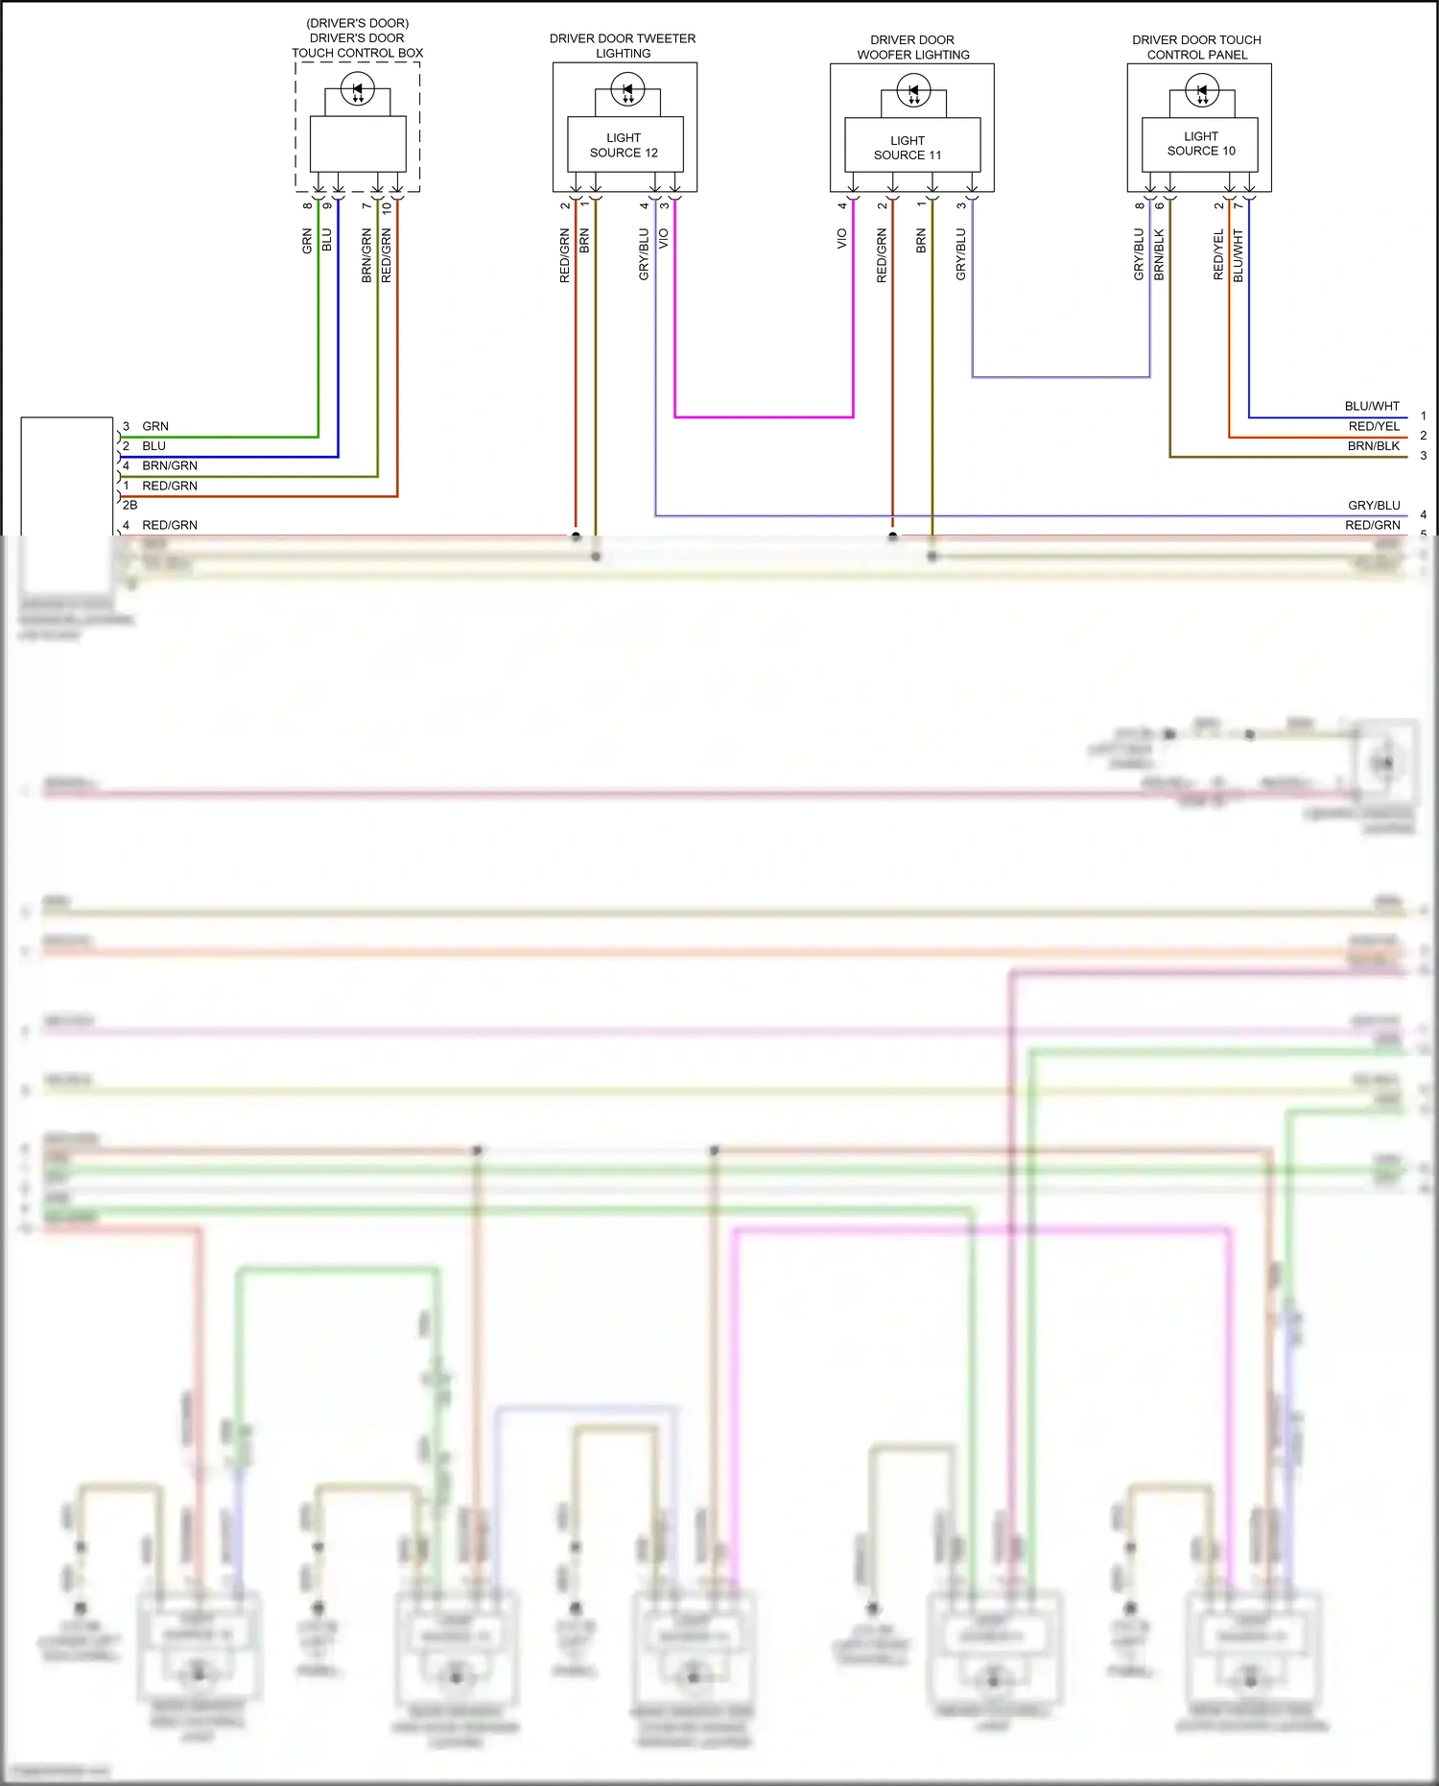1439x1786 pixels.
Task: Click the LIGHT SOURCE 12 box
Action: point(624,145)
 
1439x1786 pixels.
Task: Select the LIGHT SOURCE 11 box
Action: point(908,147)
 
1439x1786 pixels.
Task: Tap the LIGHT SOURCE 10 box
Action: point(1200,144)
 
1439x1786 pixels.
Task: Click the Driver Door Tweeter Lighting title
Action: point(623,46)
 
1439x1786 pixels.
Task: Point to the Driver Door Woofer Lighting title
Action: point(912,47)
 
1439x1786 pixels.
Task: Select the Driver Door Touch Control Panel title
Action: point(1196,47)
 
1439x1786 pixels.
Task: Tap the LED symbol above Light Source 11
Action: point(912,92)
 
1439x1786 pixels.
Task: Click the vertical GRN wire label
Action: point(307,241)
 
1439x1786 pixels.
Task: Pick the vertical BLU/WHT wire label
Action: point(1238,255)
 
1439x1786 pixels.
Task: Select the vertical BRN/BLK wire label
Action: point(1160,255)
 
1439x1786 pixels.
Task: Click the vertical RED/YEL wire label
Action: point(1218,255)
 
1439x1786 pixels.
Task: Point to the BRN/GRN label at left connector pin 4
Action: point(170,465)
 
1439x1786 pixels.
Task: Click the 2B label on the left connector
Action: point(130,505)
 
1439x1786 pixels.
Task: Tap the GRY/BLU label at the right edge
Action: point(1374,505)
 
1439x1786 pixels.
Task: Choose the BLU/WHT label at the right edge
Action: point(1372,406)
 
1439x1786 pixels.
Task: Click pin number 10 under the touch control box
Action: point(387,206)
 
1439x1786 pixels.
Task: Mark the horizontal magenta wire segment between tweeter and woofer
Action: point(764,417)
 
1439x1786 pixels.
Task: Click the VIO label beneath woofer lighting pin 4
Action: point(842,239)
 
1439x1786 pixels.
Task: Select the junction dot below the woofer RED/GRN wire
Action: point(892,536)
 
